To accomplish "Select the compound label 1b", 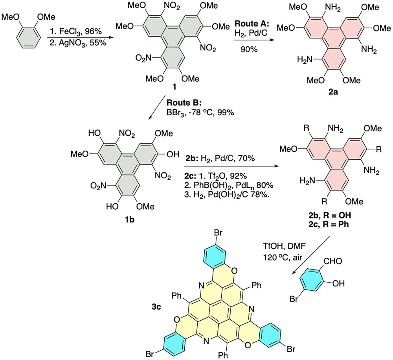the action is (x=130, y=220).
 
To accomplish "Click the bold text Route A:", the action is (x=252, y=24).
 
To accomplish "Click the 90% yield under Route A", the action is (x=249, y=50).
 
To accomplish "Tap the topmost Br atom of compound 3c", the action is (x=218, y=233).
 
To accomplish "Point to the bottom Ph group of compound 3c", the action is (x=223, y=355).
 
